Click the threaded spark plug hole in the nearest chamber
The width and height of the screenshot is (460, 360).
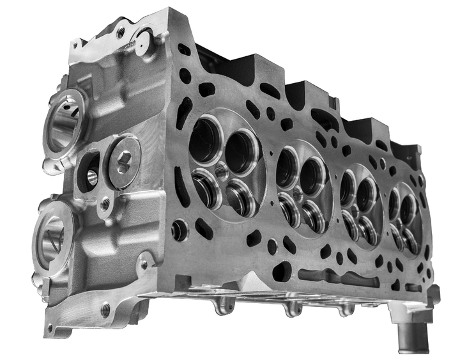point(220,171)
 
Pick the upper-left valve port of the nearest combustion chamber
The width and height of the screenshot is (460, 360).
point(206,140)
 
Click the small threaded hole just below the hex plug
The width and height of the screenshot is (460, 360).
point(105,205)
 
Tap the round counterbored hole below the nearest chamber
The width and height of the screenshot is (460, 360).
point(180,230)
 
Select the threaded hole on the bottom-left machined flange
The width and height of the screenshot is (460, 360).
point(105,311)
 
